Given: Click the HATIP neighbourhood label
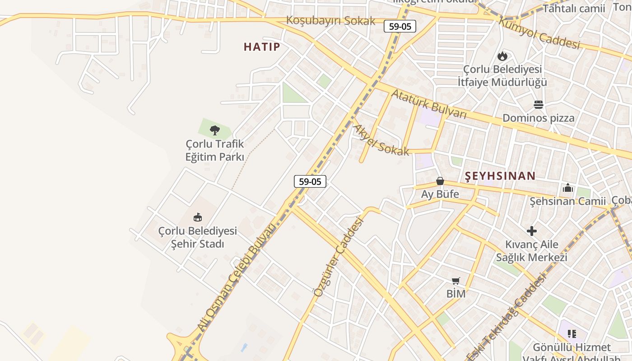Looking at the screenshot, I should tap(262, 46).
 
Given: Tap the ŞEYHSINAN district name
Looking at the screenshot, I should tap(500, 176).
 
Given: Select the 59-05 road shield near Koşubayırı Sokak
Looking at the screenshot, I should tap(400, 26).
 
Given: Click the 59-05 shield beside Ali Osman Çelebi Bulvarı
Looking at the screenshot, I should tap(310, 181).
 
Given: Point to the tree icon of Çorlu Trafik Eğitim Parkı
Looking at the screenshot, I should tap(215, 130).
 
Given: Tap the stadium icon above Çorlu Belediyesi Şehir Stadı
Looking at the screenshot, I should tap(197, 218).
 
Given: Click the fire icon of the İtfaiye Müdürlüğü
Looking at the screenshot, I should tap(502, 56).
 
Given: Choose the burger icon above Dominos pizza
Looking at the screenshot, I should tap(538, 105).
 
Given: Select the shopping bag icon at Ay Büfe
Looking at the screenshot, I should tap(440, 181).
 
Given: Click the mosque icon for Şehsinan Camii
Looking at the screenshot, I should tap(568, 188).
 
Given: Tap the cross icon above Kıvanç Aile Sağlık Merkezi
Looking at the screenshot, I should tap(532, 231).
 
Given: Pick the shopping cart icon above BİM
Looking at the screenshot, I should tap(456, 281).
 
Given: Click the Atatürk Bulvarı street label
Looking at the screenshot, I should tap(428, 104).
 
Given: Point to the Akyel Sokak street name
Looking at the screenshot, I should tap(380, 141).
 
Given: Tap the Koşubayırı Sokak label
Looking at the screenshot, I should tap(330, 21).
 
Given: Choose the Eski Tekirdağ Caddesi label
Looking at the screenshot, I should tap(507, 316).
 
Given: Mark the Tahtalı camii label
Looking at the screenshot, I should tap(573, 9).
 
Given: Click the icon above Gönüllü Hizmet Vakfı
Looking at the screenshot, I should tap(572, 334).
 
